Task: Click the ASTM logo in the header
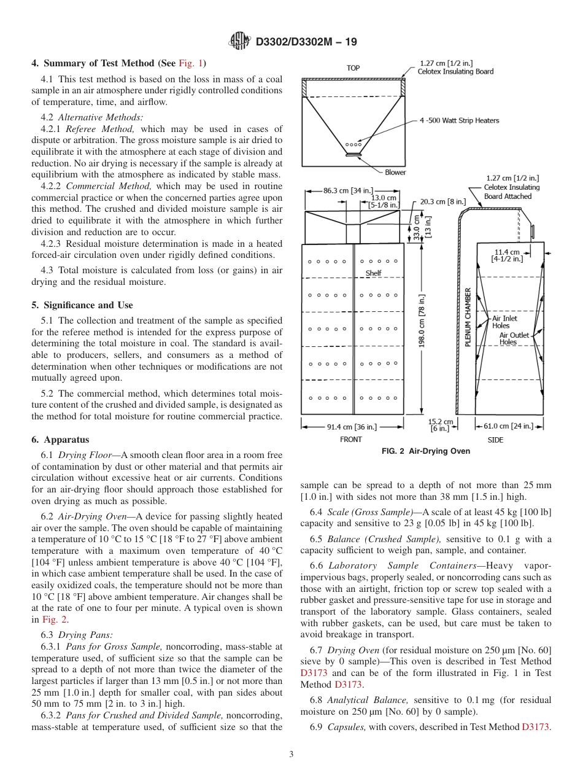(x=239, y=42)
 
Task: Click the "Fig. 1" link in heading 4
(x=191, y=63)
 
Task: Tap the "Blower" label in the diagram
(x=395, y=172)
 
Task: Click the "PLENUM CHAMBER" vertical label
(x=468, y=317)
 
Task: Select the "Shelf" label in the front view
(x=373, y=273)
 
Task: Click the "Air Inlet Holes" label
(x=504, y=322)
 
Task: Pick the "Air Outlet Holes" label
(x=514, y=339)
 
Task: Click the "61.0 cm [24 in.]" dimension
(x=509, y=426)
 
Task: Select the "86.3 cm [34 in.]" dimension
(x=347, y=190)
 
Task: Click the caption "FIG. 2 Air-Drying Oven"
(x=426, y=451)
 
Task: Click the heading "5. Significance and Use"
(x=82, y=305)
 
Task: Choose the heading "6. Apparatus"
(x=60, y=440)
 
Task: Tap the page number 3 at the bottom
(x=291, y=755)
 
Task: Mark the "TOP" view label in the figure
(x=353, y=68)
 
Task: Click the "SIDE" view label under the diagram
(x=495, y=440)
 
